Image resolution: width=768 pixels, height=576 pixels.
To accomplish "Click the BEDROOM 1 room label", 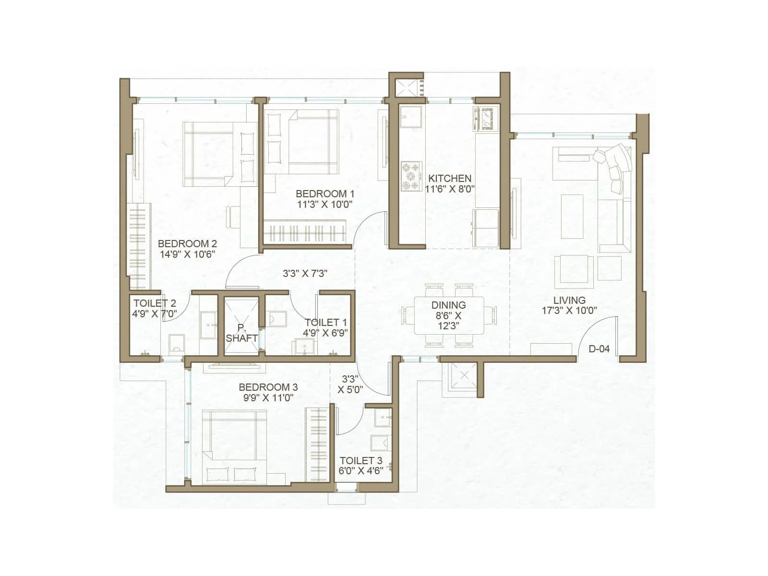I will [x=325, y=193].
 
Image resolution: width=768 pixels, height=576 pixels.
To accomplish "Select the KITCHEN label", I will [x=450, y=178].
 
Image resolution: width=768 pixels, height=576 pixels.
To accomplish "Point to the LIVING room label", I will [x=569, y=300].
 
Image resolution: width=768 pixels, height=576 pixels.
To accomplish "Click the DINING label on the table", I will [x=448, y=305].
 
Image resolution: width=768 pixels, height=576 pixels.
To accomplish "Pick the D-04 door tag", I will [x=599, y=349].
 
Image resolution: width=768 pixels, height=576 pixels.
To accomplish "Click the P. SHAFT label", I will [x=241, y=333].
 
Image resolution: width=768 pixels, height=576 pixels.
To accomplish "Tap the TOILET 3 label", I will [x=361, y=461].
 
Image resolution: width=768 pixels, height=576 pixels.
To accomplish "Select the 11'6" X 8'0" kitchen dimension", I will [x=450, y=189].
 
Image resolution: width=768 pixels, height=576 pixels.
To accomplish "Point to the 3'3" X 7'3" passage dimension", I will [x=305, y=274].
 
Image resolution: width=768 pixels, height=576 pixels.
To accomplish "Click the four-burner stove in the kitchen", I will [x=411, y=177].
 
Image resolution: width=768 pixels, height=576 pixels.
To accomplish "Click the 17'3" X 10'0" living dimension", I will [x=569, y=311].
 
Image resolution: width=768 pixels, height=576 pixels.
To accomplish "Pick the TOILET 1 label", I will [x=325, y=323].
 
